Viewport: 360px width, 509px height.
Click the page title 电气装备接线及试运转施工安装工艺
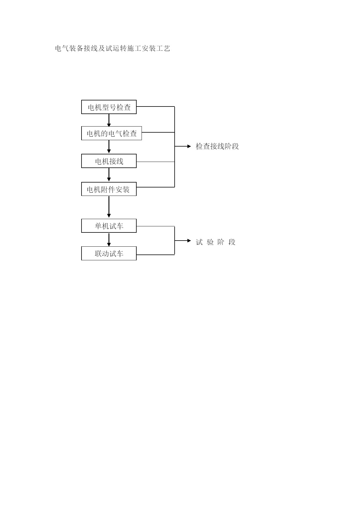click(113, 48)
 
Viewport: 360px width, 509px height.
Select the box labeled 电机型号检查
click(109, 107)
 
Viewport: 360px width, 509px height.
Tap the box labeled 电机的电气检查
click(111, 133)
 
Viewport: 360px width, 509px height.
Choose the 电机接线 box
click(109, 161)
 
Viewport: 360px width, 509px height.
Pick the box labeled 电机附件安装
click(109, 189)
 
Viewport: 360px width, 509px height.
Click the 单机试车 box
click(109, 226)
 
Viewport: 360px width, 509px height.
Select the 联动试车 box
click(109, 253)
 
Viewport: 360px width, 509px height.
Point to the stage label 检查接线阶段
click(217, 146)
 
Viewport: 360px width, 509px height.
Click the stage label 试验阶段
click(216, 242)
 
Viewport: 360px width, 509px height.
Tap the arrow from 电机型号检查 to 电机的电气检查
click(109, 120)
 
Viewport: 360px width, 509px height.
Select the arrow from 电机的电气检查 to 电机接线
click(109, 147)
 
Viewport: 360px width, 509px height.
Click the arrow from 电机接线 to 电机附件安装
click(109, 175)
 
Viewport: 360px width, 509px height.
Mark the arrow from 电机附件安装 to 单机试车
click(109, 207)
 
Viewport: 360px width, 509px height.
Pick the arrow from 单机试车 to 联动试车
click(109, 240)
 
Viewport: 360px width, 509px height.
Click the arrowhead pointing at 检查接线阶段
click(189, 147)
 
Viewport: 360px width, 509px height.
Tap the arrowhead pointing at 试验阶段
click(189, 241)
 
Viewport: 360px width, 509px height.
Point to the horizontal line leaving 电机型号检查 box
click(155, 107)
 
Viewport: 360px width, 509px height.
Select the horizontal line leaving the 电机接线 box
click(155, 162)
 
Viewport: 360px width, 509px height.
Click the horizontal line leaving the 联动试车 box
click(155, 255)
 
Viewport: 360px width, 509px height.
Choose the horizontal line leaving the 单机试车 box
click(155, 226)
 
